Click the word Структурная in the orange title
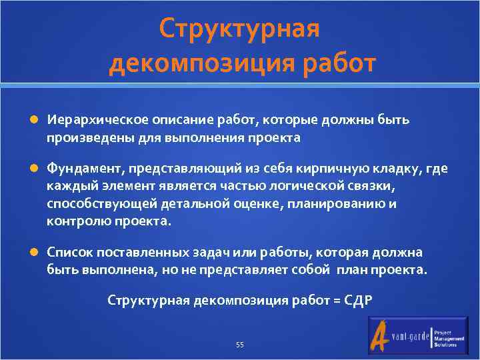click(x=240, y=29)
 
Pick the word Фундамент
click(x=77, y=169)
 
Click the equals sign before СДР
click(x=335, y=301)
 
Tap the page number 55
click(x=240, y=345)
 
